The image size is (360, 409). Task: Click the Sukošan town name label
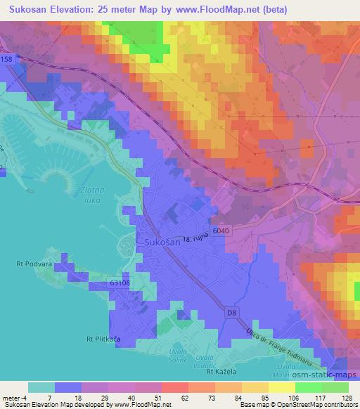point(162,242)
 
